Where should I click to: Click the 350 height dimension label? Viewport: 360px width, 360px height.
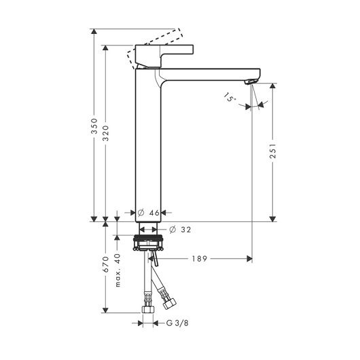click(x=94, y=126)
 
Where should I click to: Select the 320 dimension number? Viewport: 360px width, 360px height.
click(x=105, y=133)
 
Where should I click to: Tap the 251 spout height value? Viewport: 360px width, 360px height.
click(x=273, y=151)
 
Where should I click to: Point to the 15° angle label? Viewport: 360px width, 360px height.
click(x=230, y=97)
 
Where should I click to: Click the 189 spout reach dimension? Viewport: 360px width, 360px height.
click(x=200, y=259)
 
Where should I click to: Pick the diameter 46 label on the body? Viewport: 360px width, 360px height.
click(x=149, y=213)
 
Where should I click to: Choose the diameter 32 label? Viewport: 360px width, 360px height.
click(x=180, y=230)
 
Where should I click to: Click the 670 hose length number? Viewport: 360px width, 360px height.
click(x=105, y=264)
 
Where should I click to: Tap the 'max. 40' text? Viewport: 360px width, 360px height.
click(x=118, y=270)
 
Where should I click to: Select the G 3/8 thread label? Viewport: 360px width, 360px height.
click(x=177, y=323)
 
